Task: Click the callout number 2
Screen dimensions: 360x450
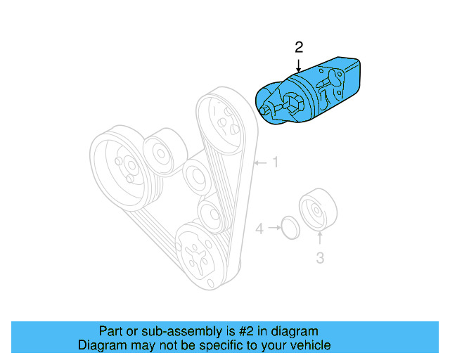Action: (x=299, y=48)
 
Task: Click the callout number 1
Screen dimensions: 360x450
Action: (x=276, y=163)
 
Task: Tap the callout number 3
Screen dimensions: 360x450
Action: (x=319, y=258)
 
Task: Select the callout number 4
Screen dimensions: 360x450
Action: (x=259, y=229)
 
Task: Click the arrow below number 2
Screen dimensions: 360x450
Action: (x=299, y=65)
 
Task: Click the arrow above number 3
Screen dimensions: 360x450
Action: (x=319, y=239)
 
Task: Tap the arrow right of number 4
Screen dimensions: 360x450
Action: (x=272, y=229)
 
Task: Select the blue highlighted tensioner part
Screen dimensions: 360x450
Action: (x=313, y=91)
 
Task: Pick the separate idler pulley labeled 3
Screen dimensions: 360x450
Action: (x=318, y=209)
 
